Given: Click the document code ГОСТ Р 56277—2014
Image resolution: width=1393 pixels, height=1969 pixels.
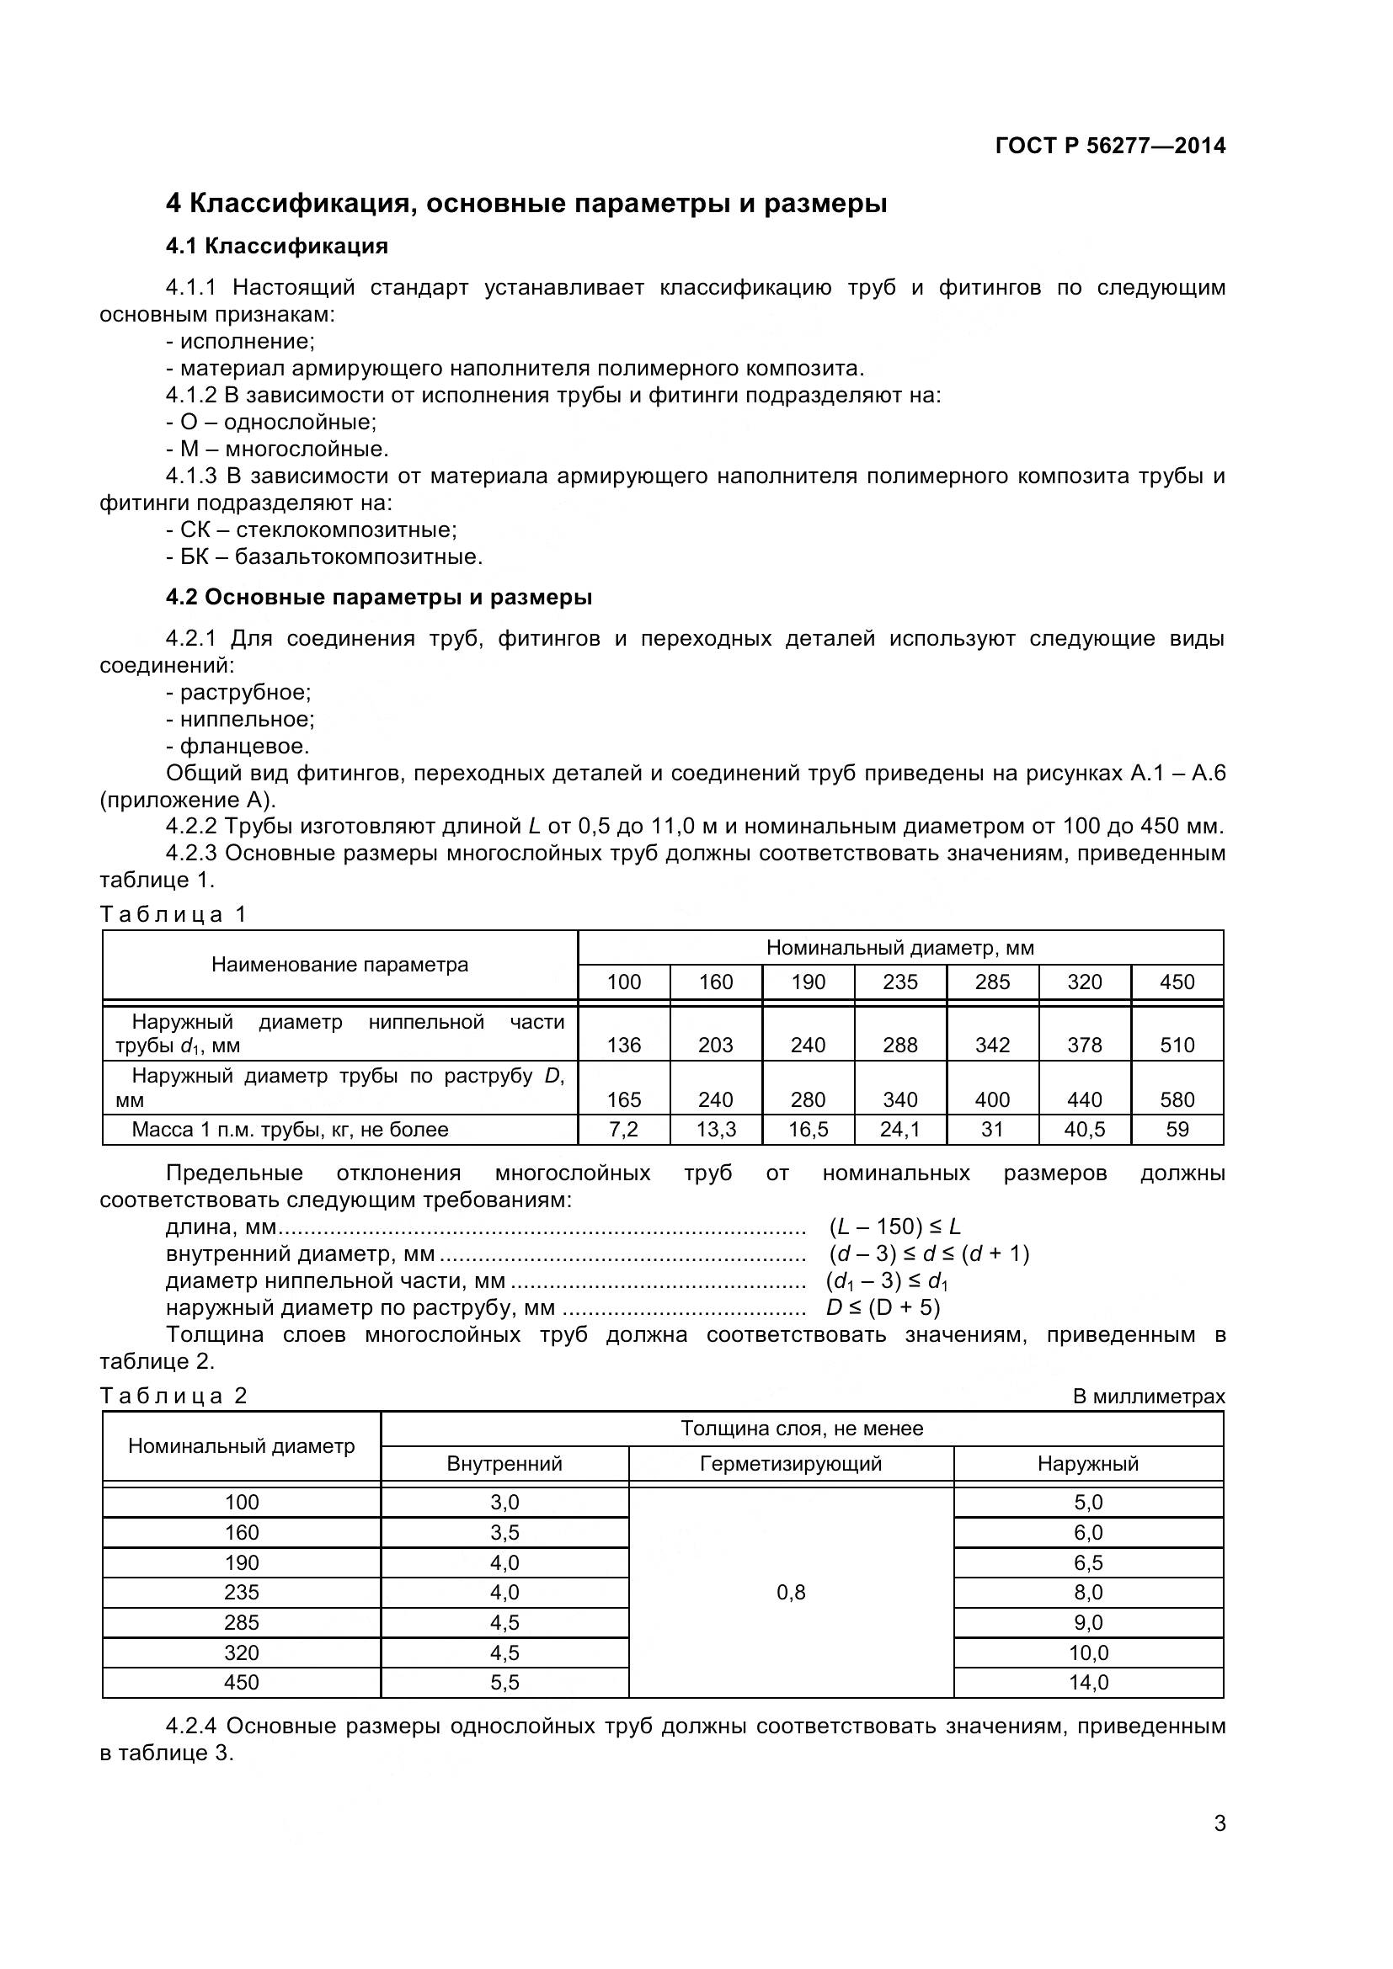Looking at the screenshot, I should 1110,146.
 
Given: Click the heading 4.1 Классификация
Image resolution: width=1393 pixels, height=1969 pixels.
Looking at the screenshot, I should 276,246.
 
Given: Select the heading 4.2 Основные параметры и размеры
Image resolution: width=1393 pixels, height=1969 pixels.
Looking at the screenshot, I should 378,597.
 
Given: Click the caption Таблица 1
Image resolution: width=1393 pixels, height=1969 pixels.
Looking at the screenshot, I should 173,914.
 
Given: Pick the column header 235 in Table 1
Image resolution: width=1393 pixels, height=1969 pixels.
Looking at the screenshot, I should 899,982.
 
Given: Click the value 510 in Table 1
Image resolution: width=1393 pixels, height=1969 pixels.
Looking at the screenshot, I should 1177,1045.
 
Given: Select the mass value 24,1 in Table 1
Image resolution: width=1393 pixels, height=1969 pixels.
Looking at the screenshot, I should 899,1130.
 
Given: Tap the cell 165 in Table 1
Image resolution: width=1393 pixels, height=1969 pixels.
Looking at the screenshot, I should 623,1099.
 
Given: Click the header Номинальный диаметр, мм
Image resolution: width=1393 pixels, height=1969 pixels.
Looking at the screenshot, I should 899,948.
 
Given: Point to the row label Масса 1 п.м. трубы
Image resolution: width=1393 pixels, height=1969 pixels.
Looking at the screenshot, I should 290,1130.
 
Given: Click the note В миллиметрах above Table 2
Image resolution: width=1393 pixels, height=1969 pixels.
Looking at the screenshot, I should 1149,1396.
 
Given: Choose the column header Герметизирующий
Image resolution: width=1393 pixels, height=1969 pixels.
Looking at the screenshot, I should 790,1464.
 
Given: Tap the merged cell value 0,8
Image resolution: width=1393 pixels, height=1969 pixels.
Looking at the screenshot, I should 790,1593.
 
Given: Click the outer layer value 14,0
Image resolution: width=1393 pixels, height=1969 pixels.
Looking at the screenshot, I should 1087,1683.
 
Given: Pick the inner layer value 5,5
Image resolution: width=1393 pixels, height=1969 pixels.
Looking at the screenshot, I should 504,1683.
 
